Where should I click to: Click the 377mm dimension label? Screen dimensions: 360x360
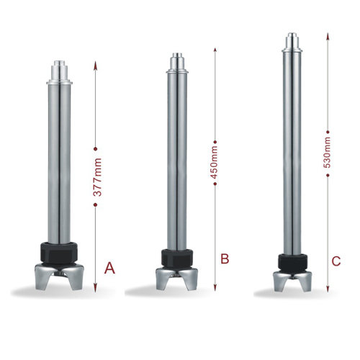[97, 177]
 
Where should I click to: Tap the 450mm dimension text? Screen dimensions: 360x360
[214, 163]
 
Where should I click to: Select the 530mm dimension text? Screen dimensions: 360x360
[327, 153]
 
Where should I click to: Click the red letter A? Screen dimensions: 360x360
[109, 268]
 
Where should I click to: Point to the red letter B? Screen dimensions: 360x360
[225, 258]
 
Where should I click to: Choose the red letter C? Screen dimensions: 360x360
[336, 261]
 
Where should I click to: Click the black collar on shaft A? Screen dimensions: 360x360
[60, 253]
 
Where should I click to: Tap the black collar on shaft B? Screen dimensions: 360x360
[177, 258]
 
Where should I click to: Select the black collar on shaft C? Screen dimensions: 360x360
[292, 262]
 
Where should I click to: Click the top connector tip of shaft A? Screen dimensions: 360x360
[60, 63]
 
